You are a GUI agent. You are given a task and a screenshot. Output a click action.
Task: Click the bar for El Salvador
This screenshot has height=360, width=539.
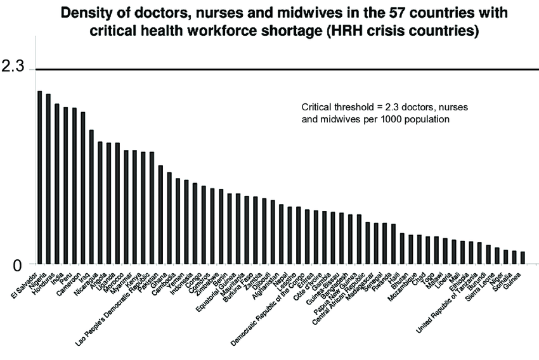coord(39,177)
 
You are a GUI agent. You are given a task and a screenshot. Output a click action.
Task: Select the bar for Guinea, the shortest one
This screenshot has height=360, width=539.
coord(523,257)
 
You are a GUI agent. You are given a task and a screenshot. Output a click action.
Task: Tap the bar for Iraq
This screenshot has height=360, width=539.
coord(91,196)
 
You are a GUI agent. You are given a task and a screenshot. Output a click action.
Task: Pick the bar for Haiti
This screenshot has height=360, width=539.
coord(402,248)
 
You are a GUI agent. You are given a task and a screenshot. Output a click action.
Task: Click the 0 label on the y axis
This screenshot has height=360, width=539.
coord(17,266)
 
